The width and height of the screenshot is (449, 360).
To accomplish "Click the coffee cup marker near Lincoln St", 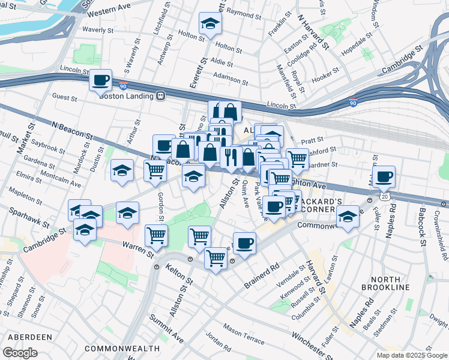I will point(101,80).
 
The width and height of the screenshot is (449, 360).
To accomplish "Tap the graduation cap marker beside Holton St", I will point(210,24).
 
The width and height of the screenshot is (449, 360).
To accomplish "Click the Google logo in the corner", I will point(20,352).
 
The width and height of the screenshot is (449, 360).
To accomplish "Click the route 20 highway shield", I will point(384,196).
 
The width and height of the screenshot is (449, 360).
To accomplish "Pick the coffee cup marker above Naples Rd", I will point(383,176).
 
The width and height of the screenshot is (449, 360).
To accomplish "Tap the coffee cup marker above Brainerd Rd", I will point(244,244).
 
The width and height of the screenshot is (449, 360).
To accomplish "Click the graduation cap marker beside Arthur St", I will point(122,170).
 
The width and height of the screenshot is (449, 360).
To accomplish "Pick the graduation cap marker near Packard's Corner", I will point(347,217).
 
